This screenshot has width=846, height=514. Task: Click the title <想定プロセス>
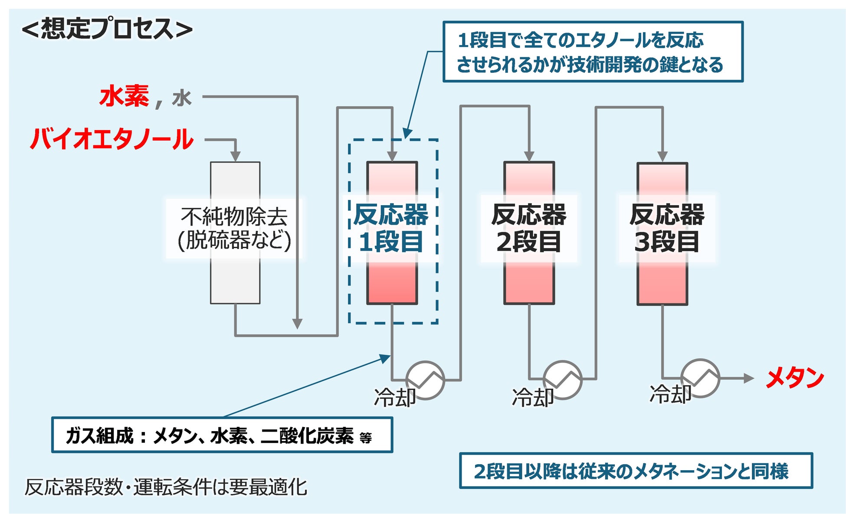tap(107, 29)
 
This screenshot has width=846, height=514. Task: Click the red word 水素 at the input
tap(125, 96)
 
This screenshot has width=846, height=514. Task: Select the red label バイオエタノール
tap(111, 139)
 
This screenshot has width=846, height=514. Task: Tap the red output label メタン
tap(794, 378)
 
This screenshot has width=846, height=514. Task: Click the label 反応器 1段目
tap(391, 228)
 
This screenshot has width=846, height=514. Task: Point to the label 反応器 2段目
tap(529, 228)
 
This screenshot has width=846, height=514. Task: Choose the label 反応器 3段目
tap(667, 228)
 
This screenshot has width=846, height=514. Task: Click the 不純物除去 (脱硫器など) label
tap(234, 229)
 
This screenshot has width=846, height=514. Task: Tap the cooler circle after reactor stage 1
tap(425, 380)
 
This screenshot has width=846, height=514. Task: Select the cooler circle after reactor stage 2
tap(562, 380)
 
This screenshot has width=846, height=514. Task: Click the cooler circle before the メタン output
tap(700, 378)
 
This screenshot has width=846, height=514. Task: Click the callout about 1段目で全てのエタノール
tap(593, 52)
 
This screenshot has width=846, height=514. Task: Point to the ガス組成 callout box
tap(222, 435)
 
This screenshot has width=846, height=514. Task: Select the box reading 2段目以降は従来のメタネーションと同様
tap(636, 471)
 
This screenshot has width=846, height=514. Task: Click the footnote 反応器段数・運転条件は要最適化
tap(166, 487)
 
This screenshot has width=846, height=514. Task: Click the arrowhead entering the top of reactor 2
tap(529, 157)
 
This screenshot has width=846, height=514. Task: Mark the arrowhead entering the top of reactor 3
tap(662, 157)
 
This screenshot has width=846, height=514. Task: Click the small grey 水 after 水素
tap(182, 98)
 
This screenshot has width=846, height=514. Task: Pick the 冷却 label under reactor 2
tap(533, 397)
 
